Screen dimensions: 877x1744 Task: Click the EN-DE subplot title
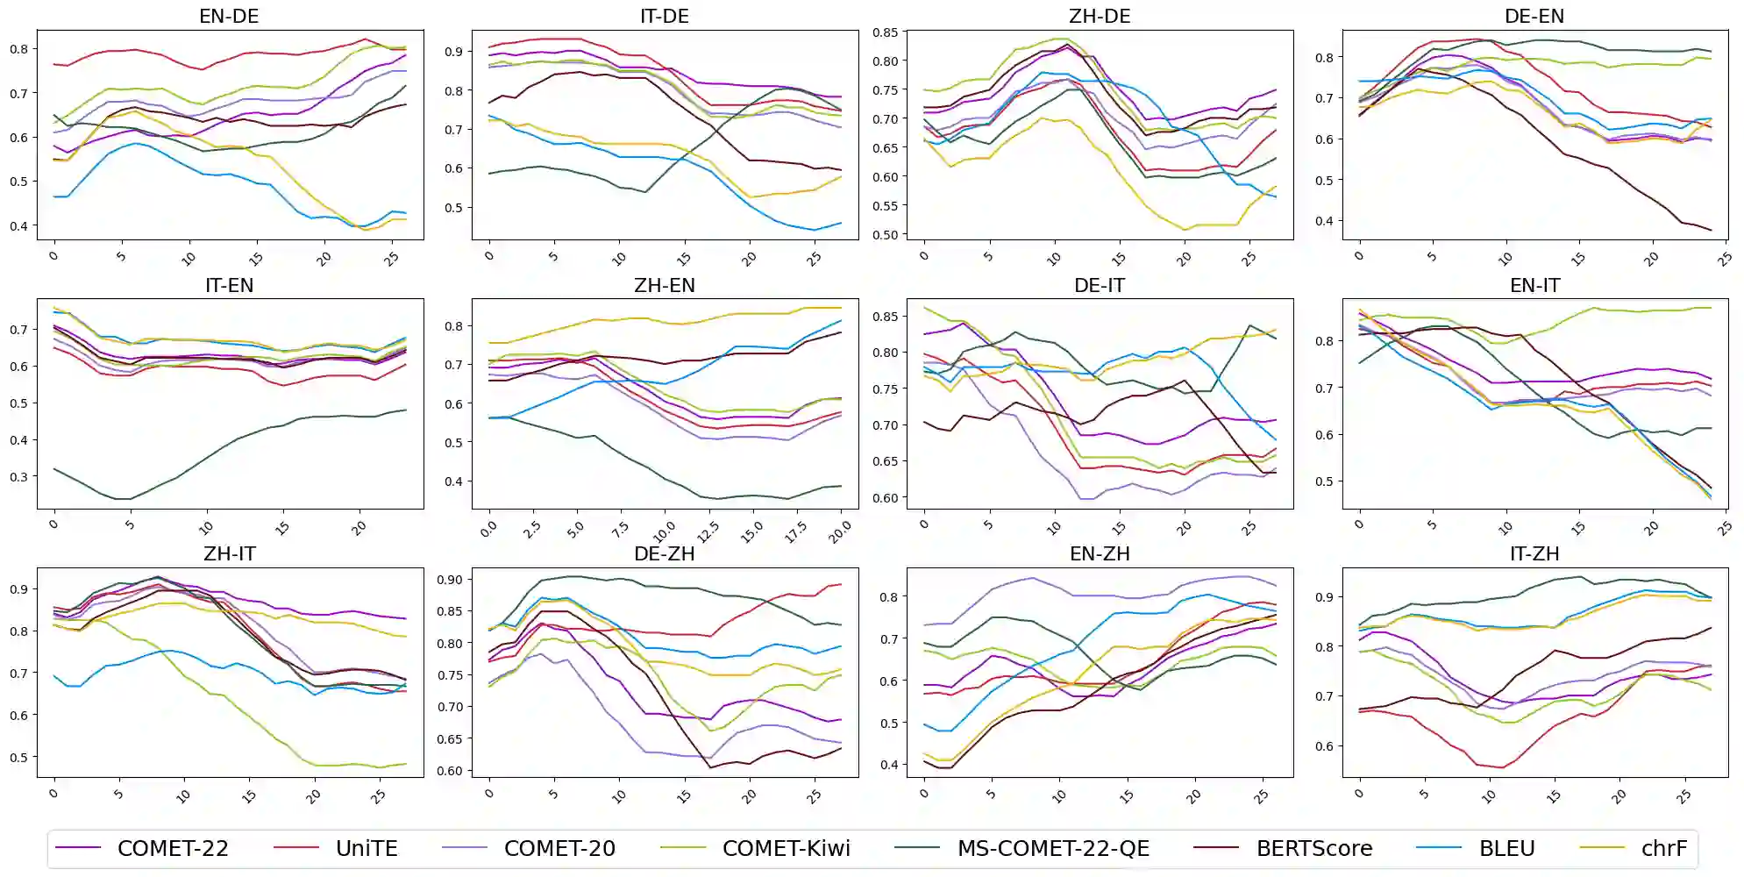229,16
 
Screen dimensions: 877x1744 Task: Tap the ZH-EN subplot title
664,285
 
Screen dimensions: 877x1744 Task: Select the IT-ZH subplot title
1534,553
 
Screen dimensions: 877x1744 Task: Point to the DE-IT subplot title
1099,285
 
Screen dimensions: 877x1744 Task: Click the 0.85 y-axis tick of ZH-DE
886,32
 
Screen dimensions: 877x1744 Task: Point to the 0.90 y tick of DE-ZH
450,580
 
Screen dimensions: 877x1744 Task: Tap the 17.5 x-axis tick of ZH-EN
795,531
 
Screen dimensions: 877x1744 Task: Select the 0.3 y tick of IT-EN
19,477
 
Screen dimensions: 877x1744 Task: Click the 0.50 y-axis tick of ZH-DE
886,235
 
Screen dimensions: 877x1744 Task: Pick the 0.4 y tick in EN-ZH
889,765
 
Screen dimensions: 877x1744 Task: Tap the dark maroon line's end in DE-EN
1711,230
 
